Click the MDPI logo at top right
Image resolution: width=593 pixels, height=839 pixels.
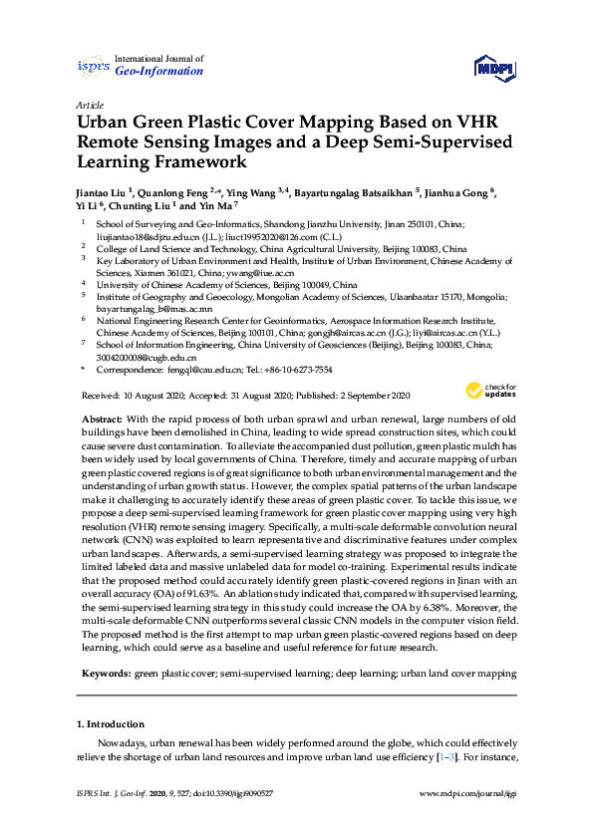click(492, 67)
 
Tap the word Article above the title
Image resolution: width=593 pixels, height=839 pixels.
click(88, 104)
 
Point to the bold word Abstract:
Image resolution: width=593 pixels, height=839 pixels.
click(101, 420)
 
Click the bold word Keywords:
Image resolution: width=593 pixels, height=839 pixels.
click(105, 674)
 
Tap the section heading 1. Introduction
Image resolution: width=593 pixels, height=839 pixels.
click(111, 723)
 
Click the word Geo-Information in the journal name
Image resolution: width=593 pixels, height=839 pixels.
click(159, 72)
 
